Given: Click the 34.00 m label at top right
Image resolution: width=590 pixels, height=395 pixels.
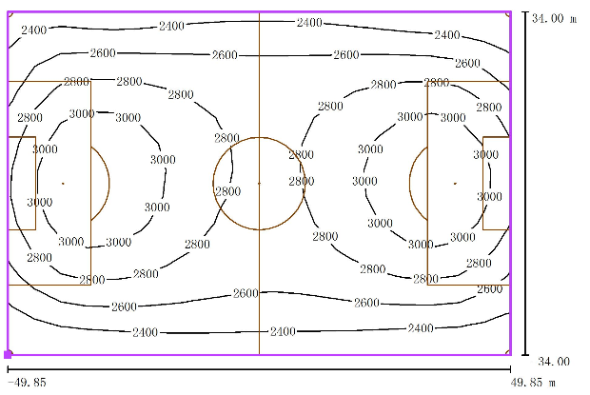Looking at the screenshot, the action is pos(554,18).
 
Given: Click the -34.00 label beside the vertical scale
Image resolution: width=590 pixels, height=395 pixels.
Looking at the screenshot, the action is pos(552,362).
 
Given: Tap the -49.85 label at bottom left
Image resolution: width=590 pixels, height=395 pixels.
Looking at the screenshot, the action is pos(27,383).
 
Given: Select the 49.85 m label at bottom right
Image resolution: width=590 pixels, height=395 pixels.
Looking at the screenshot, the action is pos(533,383).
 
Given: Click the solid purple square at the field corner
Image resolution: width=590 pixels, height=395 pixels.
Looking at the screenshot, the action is pos(8,354).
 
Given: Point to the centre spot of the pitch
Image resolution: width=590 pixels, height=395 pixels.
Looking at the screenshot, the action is pos(259,183).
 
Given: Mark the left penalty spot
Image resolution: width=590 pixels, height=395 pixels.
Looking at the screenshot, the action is pos(63,183).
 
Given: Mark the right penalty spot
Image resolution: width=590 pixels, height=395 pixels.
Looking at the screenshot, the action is pos(455,183).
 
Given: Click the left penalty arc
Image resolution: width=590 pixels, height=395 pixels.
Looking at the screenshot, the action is pos(109,183).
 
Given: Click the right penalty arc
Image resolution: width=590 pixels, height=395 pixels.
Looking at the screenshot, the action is pos(409,183).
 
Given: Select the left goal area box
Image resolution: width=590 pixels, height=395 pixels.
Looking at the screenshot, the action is pos(36,183).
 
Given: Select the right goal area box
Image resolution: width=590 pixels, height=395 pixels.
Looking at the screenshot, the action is pos(482,183).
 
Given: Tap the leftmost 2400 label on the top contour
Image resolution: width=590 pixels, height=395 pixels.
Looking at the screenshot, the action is pos(34,30).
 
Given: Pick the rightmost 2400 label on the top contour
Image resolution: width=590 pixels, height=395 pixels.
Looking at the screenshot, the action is pos(447,35).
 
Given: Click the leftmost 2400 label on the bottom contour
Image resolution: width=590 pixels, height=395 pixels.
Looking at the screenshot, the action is pos(145,332).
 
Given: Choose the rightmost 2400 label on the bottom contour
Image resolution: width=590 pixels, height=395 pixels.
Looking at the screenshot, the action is pos(421,328).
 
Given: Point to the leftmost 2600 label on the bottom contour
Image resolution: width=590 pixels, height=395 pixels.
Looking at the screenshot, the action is pos(124,306).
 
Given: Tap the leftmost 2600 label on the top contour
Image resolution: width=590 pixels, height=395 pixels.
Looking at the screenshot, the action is pos(103,52).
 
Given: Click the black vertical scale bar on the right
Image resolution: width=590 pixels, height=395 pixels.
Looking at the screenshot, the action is pos(525,183).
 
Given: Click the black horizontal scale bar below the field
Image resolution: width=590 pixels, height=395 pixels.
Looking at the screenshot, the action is pos(259,369).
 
